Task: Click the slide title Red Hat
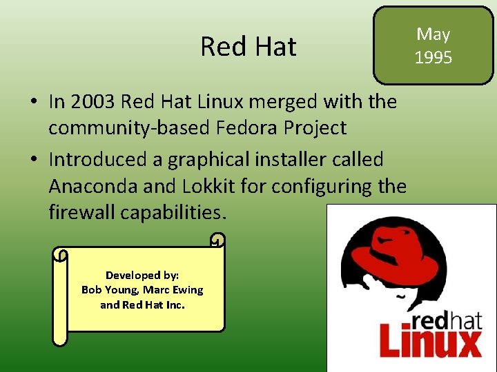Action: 248,47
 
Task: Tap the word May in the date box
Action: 433,34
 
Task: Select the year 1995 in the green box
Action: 433,57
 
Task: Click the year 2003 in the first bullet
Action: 92,102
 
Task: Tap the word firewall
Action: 81,213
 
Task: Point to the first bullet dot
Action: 33,103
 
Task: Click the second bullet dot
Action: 33,161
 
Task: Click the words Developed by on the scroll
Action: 142,275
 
